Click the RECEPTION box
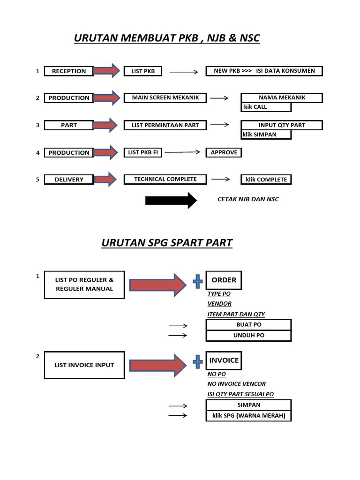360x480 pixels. point(68,71)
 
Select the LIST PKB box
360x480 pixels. point(142,71)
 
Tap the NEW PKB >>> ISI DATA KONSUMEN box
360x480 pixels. point(264,71)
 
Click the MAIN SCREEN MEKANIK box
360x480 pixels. point(165,97)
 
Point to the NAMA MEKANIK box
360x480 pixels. point(282,97)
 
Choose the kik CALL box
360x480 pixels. point(266,107)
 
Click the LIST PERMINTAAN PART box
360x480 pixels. point(165,125)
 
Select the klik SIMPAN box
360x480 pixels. point(266,135)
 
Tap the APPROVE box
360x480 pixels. point(224,152)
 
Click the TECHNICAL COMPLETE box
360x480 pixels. point(165,179)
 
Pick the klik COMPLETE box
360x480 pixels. point(266,180)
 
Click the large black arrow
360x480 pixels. point(171,200)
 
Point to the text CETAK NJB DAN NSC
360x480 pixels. point(248,199)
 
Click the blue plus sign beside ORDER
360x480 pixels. point(197,281)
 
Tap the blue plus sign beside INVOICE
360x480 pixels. point(197,361)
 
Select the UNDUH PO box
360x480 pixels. point(249,336)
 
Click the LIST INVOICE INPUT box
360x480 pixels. point(84,365)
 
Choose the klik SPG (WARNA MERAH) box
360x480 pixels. point(249,416)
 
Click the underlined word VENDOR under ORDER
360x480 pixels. point(219,304)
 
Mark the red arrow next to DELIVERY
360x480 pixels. point(105,179)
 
